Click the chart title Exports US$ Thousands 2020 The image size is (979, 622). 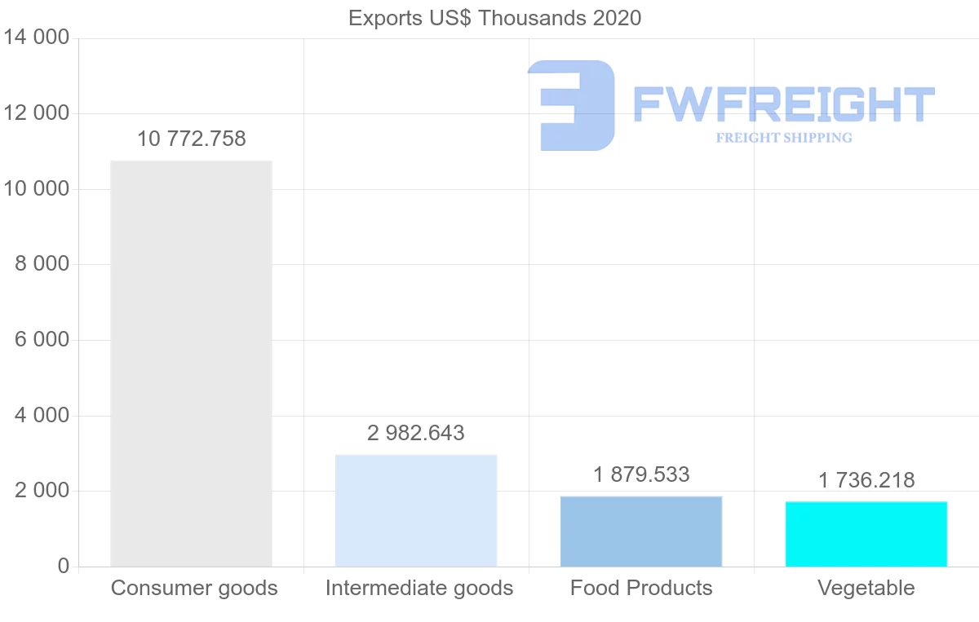[x=494, y=18]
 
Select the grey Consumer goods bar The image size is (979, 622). [x=191, y=364]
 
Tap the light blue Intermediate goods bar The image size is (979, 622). [x=416, y=510]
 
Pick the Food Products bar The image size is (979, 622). [x=641, y=532]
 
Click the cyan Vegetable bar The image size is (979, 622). [x=866, y=534]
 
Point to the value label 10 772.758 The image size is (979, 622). [x=191, y=139]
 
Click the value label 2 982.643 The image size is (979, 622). [x=416, y=433]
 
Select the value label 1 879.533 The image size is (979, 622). [x=641, y=474]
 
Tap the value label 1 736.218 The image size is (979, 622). [x=866, y=480]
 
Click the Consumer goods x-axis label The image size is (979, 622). [x=194, y=588]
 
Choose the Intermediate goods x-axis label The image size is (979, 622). [x=419, y=588]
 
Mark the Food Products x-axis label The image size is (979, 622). [x=641, y=588]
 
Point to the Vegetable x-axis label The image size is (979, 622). [x=866, y=588]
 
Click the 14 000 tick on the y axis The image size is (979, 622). [x=37, y=38]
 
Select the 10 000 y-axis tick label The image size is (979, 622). [x=37, y=189]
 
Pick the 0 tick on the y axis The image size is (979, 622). [x=64, y=566]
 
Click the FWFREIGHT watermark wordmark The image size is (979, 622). [x=783, y=104]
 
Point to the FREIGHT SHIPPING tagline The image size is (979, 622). [x=784, y=138]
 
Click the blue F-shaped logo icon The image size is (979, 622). [x=571, y=105]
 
